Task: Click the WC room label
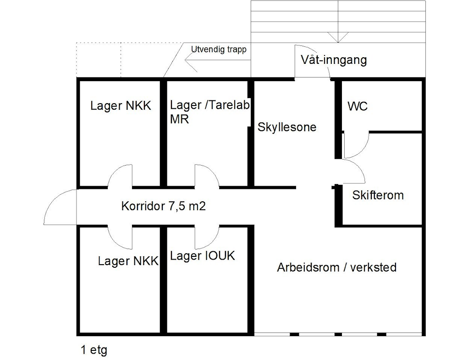coord(357,106)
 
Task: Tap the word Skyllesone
coord(287,127)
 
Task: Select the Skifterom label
coord(378,195)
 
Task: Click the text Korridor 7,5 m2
coord(163,206)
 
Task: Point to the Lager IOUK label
coord(203,256)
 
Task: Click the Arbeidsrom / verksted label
coord(337,267)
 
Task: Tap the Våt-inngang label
coord(334,60)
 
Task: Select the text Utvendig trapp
coord(219,50)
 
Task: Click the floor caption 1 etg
coord(94,350)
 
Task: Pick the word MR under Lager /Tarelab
coord(180,119)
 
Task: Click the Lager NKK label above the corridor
coord(121,105)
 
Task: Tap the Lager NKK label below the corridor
coord(128,261)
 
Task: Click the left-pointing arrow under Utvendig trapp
coord(218,60)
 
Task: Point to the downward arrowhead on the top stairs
coord(338,38)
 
